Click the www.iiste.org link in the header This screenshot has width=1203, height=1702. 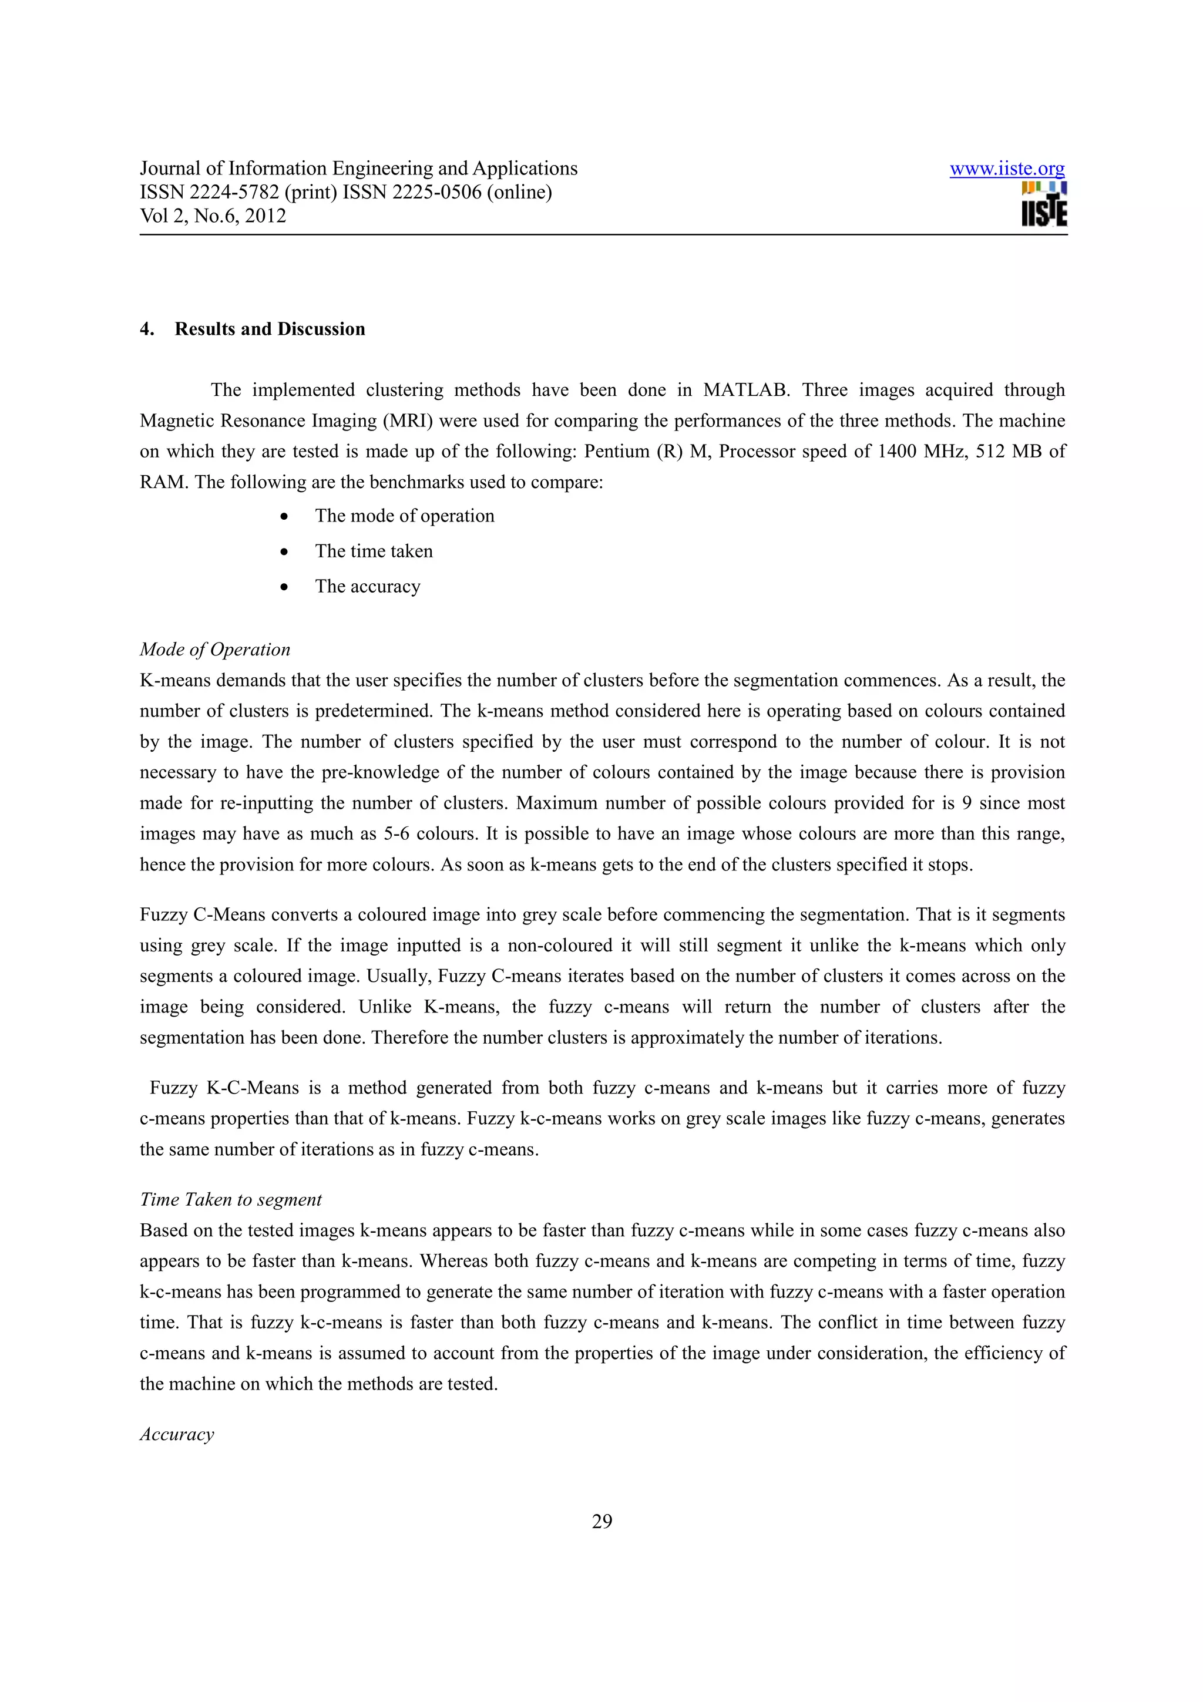[1007, 169]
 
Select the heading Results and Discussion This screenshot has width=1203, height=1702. [270, 329]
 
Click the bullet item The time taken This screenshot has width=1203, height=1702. [374, 551]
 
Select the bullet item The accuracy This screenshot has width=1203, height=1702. [368, 586]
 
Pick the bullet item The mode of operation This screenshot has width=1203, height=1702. [404, 516]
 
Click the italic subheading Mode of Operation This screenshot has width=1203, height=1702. [215, 650]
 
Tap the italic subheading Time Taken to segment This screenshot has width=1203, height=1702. [230, 1199]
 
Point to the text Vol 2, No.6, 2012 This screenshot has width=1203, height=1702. [213, 216]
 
